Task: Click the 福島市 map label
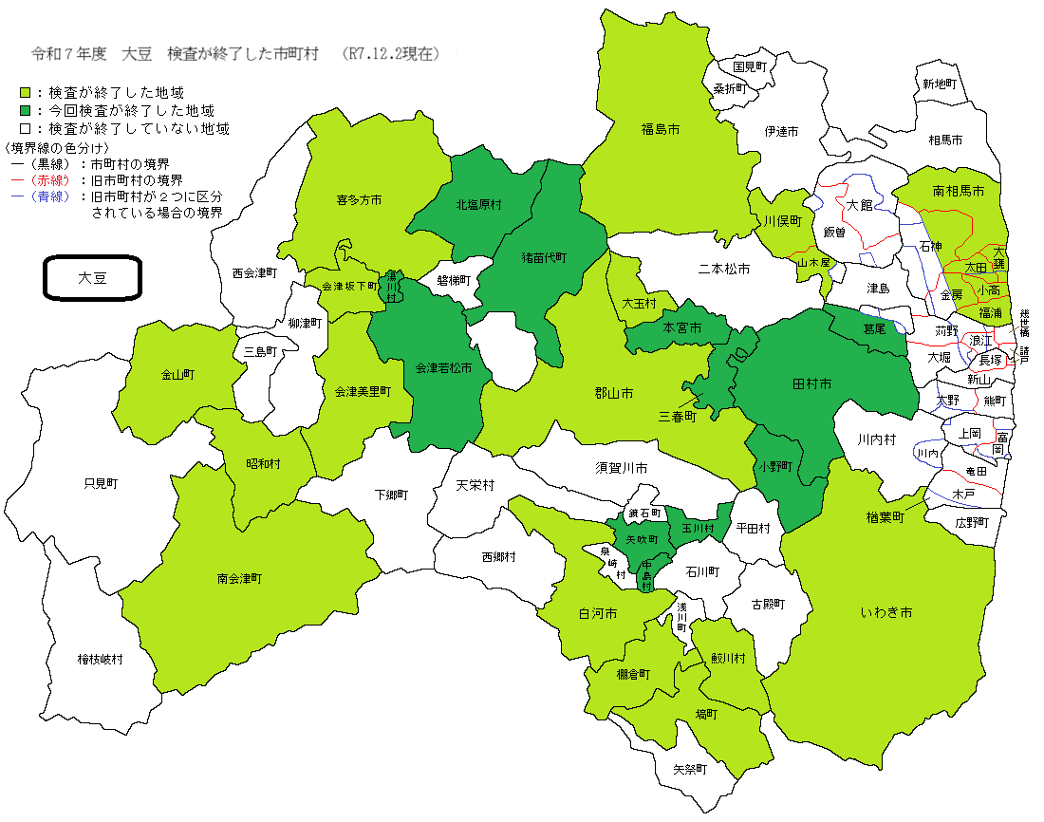[660, 128]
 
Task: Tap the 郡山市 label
[613, 393]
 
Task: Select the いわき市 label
[886, 613]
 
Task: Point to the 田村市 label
[811, 384]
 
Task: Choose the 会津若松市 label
[438, 366]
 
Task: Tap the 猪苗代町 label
[544, 257]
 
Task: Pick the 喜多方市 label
[359, 200]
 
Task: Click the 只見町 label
[101, 483]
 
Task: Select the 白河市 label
[598, 614]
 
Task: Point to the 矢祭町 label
[690, 769]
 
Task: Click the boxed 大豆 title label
[93, 278]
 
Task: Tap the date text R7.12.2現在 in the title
[394, 54]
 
